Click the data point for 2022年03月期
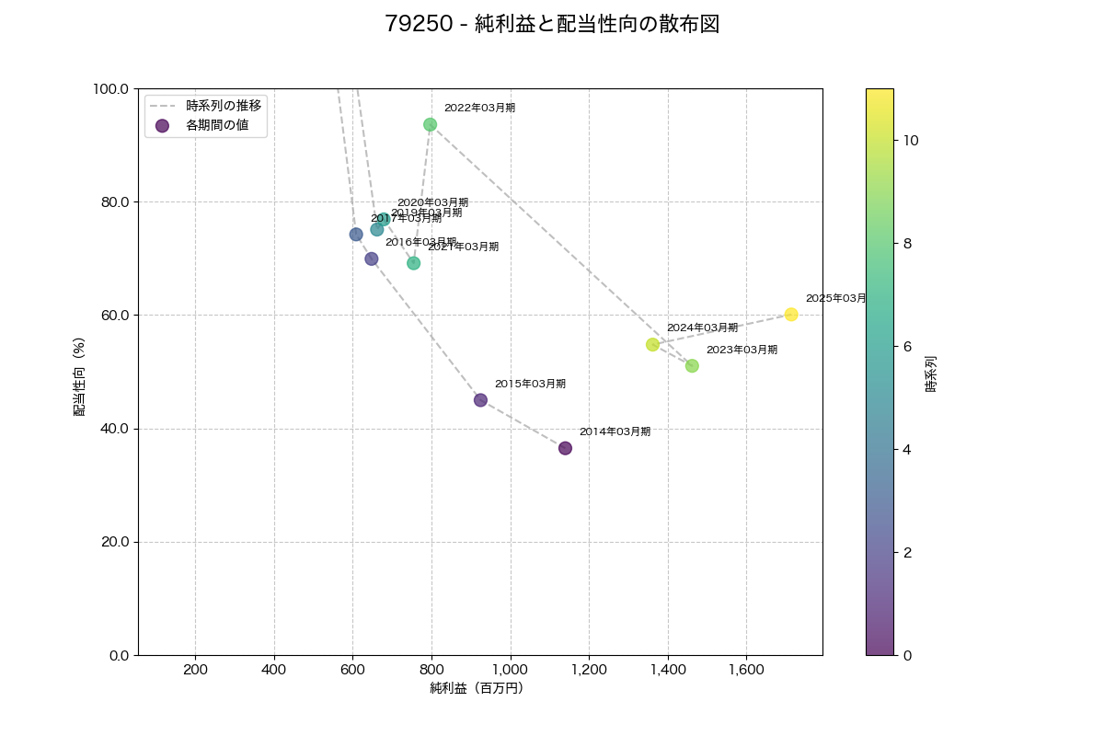tap(430, 124)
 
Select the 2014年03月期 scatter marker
tap(565, 448)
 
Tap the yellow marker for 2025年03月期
tap(791, 315)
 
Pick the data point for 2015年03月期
tap(480, 400)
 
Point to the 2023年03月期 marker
tap(692, 366)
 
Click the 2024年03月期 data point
tap(652, 344)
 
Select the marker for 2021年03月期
tap(413, 263)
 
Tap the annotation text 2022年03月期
tap(479, 108)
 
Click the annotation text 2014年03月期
tap(615, 431)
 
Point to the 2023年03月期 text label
tap(742, 350)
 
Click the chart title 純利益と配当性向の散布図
tap(552, 25)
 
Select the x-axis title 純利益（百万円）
tap(477, 688)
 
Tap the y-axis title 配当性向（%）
tap(80, 376)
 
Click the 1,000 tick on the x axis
tap(510, 670)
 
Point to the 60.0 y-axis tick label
tap(112, 316)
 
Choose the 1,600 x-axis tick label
tap(746, 670)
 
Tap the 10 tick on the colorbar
tap(911, 140)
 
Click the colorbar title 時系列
tap(931, 374)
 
